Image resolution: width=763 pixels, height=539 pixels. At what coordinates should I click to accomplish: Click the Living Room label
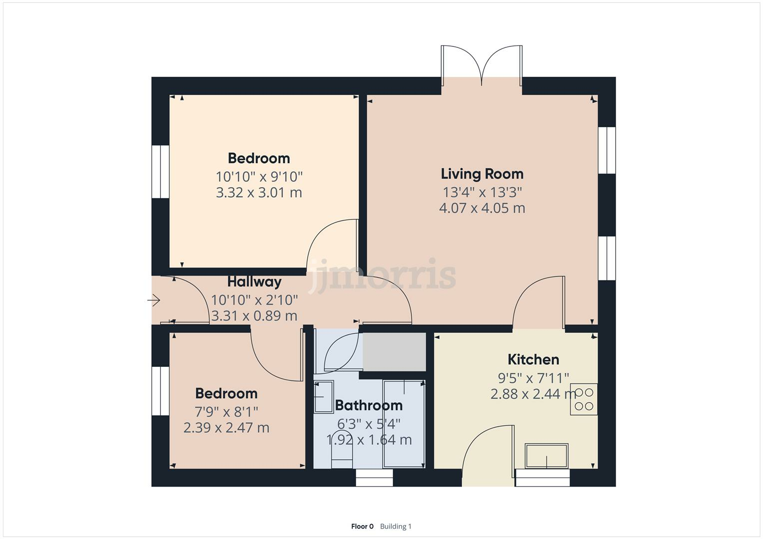[482, 174]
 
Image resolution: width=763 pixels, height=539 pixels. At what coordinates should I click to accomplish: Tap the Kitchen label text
[533, 359]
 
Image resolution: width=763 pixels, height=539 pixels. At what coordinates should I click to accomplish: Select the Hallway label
[254, 281]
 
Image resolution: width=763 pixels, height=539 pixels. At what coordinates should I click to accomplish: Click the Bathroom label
[369, 405]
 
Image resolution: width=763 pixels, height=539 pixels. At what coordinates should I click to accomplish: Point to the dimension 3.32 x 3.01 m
[259, 193]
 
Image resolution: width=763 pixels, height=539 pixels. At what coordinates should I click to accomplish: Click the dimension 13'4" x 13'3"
[482, 192]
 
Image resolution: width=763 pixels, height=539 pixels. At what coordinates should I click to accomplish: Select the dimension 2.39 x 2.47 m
[226, 428]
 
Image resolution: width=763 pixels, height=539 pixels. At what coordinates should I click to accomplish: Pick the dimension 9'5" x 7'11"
[533, 378]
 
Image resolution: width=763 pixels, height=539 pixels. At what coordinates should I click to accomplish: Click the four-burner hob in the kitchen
[584, 399]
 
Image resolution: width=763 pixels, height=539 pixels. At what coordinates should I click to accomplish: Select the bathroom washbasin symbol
[323, 397]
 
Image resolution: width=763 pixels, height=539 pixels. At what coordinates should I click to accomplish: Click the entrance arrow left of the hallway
[153, 300]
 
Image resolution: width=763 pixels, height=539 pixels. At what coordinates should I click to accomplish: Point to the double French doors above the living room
[482, 65]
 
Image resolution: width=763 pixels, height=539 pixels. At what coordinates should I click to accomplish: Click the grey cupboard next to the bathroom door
[394, 352]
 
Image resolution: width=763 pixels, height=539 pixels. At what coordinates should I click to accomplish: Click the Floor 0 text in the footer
[362, 526]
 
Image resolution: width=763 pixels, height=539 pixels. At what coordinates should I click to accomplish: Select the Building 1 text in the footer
[396, 526]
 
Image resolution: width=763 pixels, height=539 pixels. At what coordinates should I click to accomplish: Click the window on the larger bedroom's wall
[160, 172]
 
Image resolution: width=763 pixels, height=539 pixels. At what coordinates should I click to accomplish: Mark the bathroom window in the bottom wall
[374, 478]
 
